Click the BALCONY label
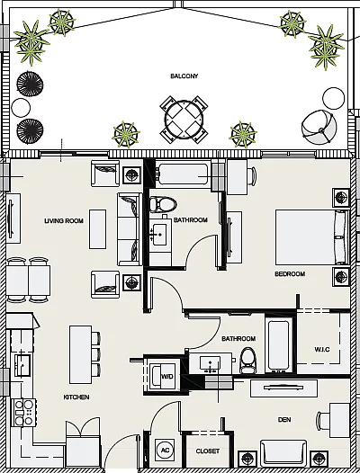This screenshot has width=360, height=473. coord(184,76)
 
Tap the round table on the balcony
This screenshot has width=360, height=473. coord(184,120)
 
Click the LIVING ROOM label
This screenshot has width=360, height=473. coord(64,221)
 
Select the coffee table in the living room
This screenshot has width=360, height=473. coord(97,229)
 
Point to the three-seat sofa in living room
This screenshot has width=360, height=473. coord(130,229)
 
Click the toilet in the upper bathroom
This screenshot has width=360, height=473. coord(163,204)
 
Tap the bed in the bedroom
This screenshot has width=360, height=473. coord(312,237)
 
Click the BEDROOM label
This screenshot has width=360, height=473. coord(290,274)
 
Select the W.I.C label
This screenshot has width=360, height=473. coord(322,350)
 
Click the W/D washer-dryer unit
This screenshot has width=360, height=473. coord(162,377)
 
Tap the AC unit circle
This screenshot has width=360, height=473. coord(165,451)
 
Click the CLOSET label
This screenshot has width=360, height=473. coord(208,451)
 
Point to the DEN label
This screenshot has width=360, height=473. coord(284,420)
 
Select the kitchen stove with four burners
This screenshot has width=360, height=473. coord(24,413)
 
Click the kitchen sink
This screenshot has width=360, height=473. coord(22,365)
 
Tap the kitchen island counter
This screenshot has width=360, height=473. coord(80,354)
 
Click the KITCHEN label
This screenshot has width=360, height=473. coord(76,397)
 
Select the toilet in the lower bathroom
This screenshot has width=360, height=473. coord(248,360)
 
